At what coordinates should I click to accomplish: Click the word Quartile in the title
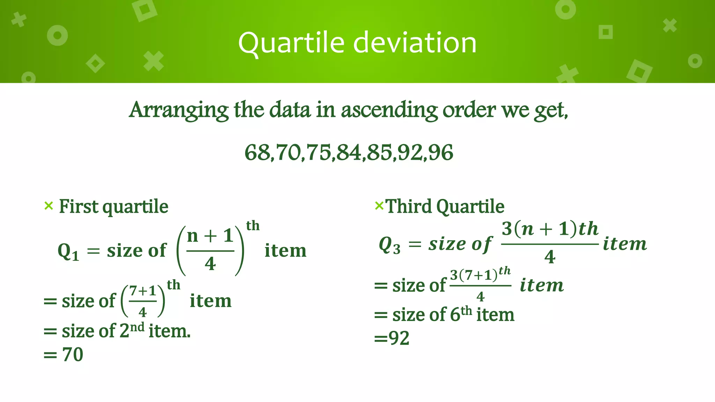292,43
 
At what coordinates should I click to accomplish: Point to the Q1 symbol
68,251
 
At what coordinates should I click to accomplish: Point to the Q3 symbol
389,245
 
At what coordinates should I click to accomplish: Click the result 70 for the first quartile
73,355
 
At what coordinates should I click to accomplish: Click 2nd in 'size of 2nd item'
132,330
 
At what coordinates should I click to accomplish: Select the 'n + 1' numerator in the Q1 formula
210,236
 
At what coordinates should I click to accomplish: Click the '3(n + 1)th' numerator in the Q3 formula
550,229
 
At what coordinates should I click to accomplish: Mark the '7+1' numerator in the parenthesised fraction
142,291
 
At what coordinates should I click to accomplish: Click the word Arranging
178,110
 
